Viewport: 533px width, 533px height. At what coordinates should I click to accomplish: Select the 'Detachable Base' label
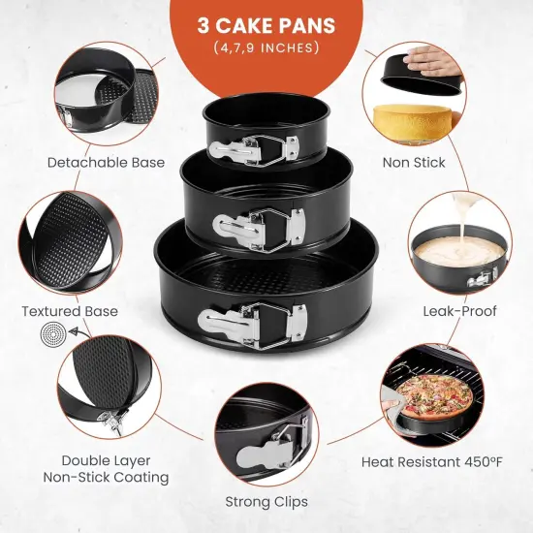[106, 163]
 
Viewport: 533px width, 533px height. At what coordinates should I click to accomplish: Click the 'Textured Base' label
[70, 311]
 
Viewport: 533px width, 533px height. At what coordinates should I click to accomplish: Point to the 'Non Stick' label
[414, 163]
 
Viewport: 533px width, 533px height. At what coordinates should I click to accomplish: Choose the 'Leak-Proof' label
[459, 311]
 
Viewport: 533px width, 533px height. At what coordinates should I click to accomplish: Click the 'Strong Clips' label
[266, 502]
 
